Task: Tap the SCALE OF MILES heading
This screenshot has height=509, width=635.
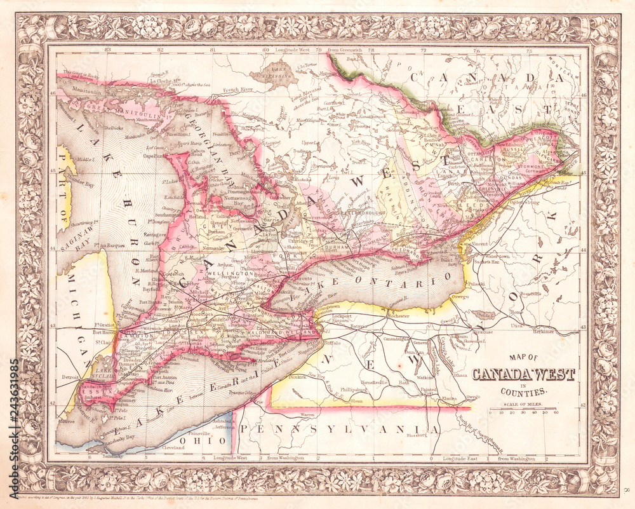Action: (523, 405)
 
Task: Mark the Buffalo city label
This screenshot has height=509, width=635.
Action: (333, 343)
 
